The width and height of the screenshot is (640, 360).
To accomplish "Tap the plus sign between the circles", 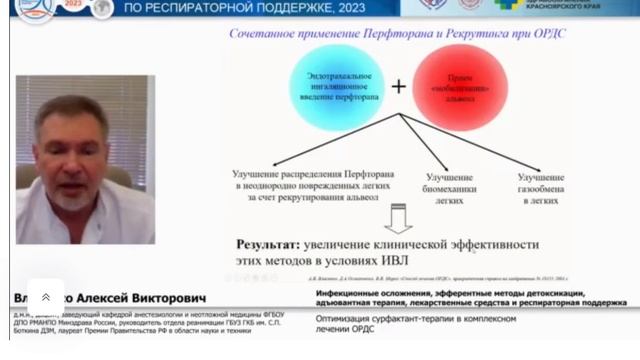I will pyautogui.click(x=398, y=87).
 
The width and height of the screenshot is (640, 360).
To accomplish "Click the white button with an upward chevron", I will pyautogui.click(x=45, y=297).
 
